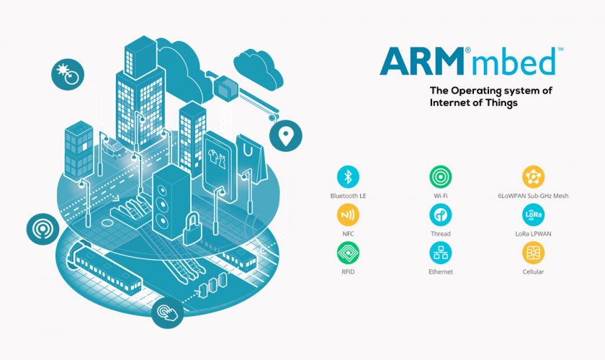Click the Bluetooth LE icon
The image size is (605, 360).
point(349,177)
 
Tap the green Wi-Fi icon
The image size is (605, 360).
point(440,177)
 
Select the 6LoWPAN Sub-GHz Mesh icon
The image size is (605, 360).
point(533,177)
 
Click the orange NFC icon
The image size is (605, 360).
point(349,215)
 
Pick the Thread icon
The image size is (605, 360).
point(440,215)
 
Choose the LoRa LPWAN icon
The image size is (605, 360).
point(533,215)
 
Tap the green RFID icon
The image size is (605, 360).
point(349,253)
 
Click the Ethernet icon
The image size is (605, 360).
point(440,253)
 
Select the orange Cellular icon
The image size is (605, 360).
point(533,253)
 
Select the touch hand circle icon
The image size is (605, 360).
point(167,312)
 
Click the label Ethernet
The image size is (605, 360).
point(440,272)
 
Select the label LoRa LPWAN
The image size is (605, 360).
point(533,234)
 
